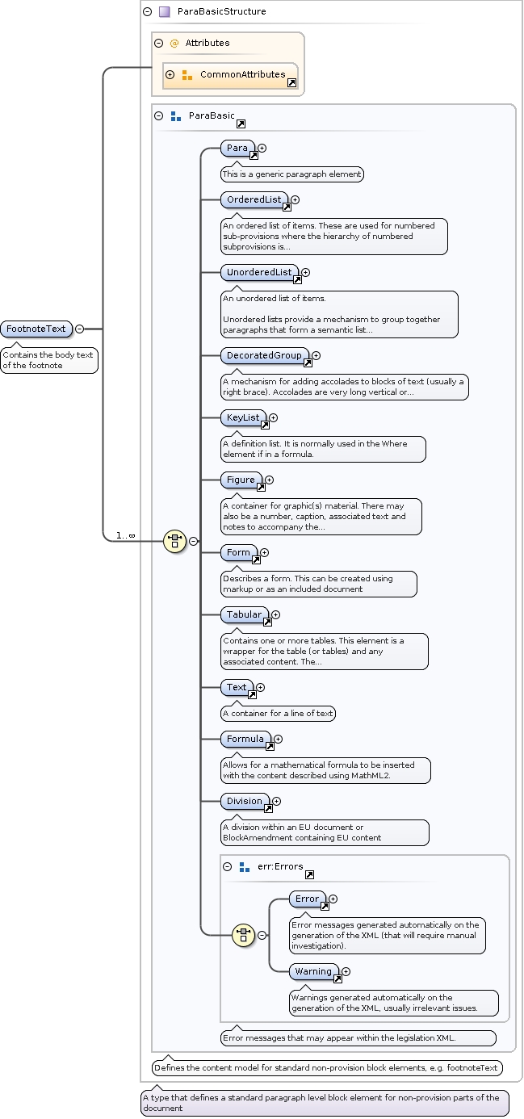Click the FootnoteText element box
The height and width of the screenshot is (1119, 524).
pos(36,329)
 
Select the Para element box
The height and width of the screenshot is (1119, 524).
pos(237,149)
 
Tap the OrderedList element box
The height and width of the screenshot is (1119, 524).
pos(254,199)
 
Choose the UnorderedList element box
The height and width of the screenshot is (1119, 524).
pos(259,273)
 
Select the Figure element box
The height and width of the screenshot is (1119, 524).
pos(241,480)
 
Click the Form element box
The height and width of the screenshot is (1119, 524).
pos(238,553)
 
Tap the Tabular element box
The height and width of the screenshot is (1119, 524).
pos(244,615)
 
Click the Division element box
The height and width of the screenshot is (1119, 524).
pos(245,802)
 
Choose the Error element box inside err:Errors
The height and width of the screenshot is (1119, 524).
pos(307,899)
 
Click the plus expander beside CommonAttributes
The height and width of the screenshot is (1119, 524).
pos(170,75)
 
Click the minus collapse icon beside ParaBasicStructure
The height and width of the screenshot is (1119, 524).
pos(147,12)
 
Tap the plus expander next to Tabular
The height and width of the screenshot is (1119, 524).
pos(276,615)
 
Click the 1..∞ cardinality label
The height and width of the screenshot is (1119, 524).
pos(125,535)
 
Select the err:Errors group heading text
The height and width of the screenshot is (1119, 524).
pos(280,866)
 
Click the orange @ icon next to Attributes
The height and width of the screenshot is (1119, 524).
pos(174,44)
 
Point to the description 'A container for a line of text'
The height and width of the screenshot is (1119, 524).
pos(279,714)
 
